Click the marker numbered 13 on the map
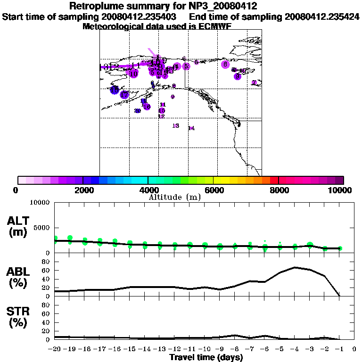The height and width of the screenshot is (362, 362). point(176,126)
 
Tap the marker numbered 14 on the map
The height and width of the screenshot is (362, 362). point(191,128)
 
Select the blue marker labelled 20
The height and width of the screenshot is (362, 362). point(138,111)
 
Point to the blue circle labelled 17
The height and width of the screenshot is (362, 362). point(124,95)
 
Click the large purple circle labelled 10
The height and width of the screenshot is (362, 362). point(133,74)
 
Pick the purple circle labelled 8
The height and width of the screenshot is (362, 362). point(225,64)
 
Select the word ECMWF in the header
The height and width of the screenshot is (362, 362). point(214,26)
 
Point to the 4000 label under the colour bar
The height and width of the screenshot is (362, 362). point(148,190)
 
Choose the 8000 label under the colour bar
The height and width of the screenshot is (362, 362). point(279,190)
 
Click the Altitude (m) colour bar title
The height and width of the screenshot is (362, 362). point(174,197)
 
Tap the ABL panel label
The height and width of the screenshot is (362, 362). point(18,277)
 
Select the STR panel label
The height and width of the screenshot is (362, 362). point(18,317)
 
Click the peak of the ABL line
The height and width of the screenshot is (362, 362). point(296,267)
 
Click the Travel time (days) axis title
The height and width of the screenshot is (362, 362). point(206,358)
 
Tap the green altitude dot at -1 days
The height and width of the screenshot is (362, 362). point(340,248)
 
